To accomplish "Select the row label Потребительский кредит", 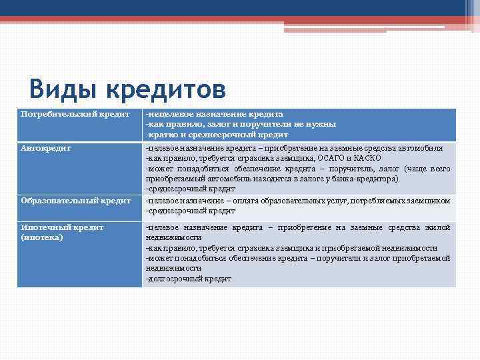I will tap(75, 114).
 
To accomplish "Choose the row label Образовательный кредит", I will tap(75, 201).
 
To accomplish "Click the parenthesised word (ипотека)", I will tap(42, 237).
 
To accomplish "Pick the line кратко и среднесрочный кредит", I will tap(217, 134).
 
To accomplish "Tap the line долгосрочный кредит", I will tap(189, 279).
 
